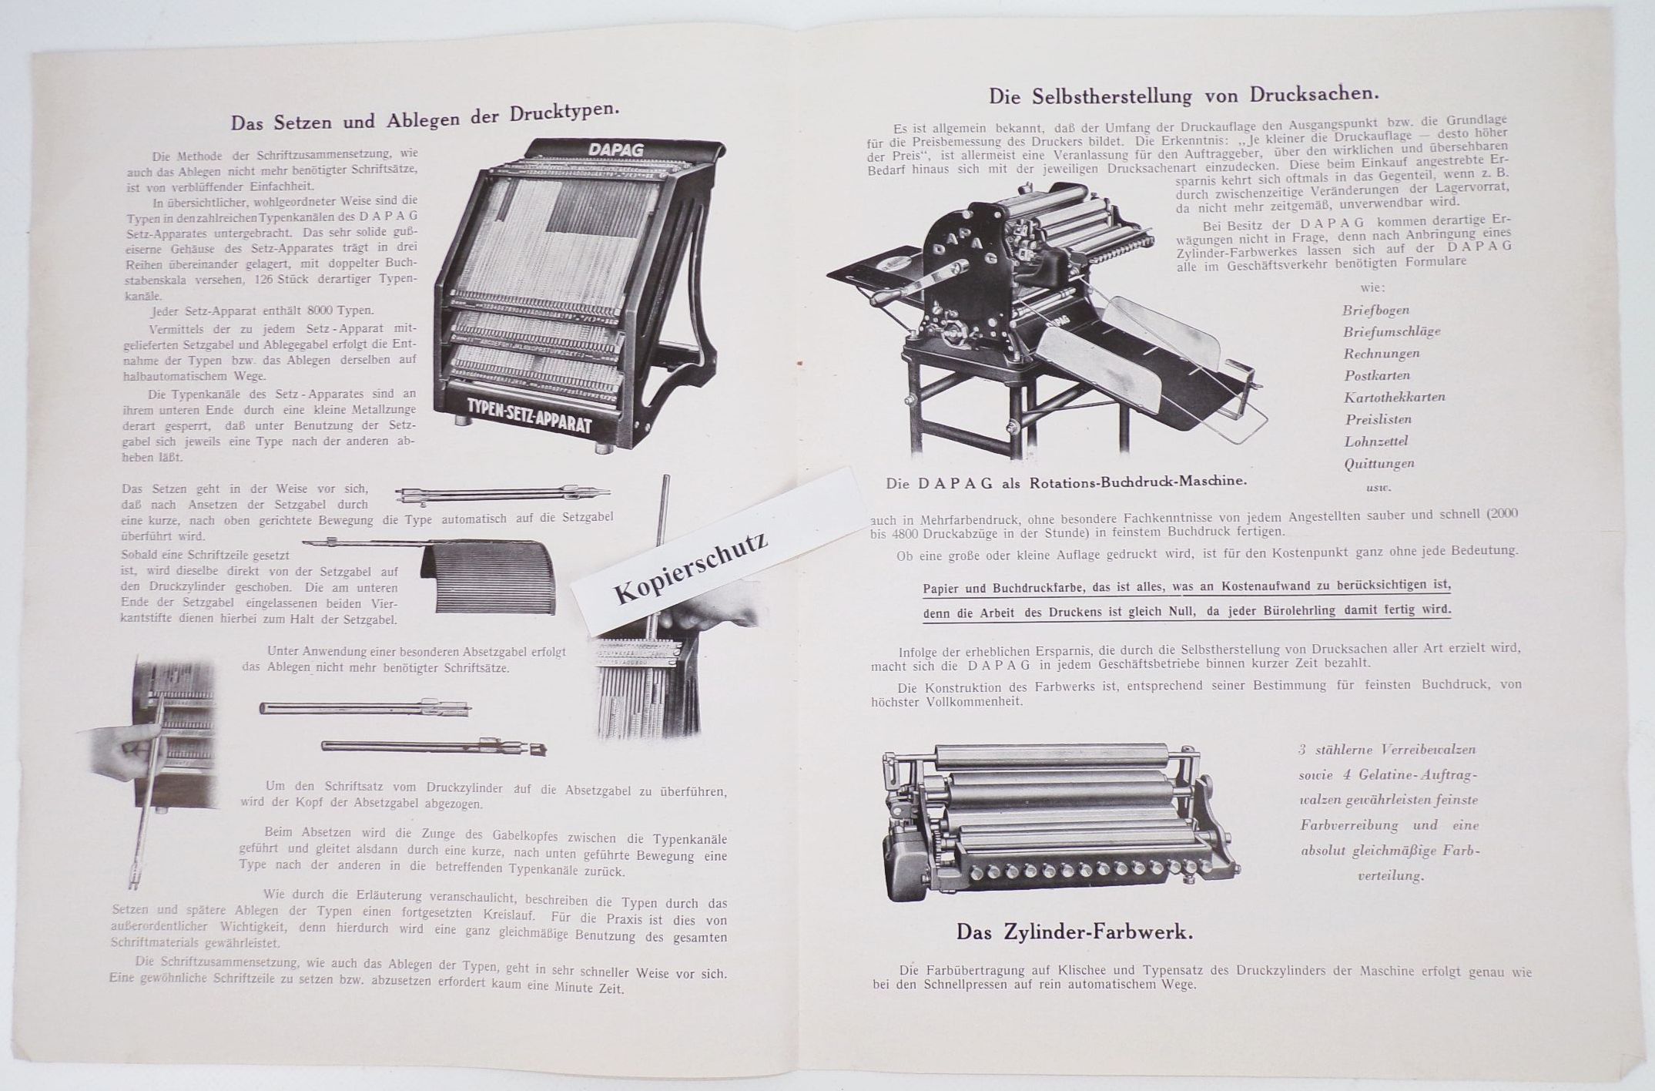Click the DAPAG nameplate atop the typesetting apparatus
click(x=616, y=149)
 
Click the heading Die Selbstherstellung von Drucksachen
click(x=1184, y=96)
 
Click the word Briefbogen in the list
click(x=1375, y=311)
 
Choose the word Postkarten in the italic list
click(x=1377, y=376)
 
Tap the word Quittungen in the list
click(x=1379, y=464)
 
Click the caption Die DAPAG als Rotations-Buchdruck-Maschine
click(x=1066, y=482)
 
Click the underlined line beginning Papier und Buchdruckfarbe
click(x=1186, y=587)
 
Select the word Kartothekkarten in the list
click(x=1394, y=398)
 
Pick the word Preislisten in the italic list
click(x=1378, y=420)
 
